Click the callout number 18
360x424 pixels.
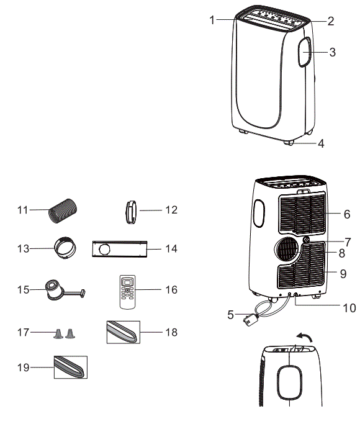point(172,333)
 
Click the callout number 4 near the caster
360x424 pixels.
point(321,144)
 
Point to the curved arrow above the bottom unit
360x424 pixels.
point(304,339)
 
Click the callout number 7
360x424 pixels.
point(348,241)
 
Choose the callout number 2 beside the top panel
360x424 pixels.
point(331,21)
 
